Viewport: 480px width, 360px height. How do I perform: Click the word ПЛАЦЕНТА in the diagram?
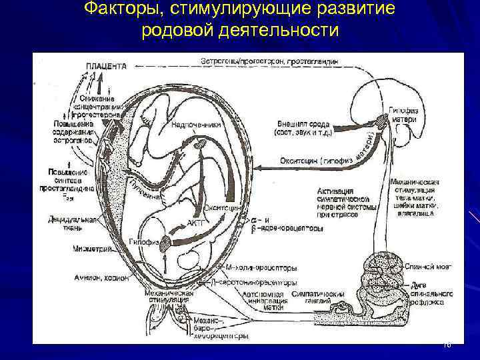[x=106, y=66]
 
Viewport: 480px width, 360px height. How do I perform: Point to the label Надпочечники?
[x=193, y=124]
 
